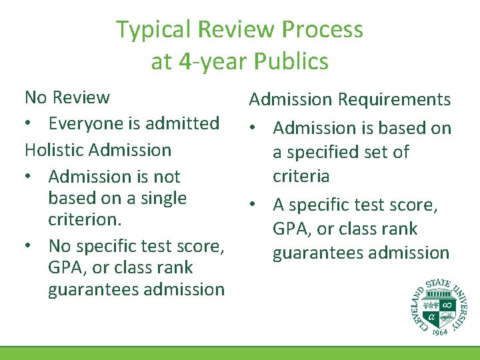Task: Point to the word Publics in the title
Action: pyautogui.click(x=292, y=62)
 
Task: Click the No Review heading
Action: pyautogui.click(x=67, y=97)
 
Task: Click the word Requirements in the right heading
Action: pyautogui.click(x=395, y=100)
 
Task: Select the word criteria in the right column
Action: pyautogui.click(x=301, y=176)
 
